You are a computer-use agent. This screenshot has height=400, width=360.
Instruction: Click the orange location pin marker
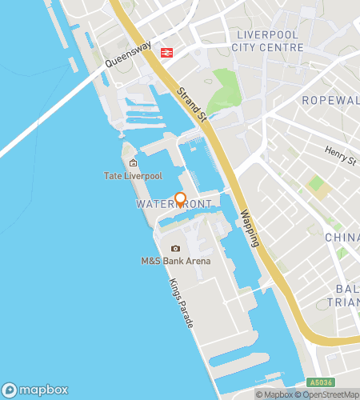click(181, 200)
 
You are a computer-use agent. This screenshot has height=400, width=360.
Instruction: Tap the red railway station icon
click(167, 53)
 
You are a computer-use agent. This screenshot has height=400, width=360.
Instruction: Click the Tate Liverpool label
click(133, 175)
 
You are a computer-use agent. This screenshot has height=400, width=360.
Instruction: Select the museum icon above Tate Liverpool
click(133, 163)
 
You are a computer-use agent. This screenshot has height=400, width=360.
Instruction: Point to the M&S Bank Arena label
click(176, 261)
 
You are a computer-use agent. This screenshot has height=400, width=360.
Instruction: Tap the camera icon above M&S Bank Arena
click(176, 249)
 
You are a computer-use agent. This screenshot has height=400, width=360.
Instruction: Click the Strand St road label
click(192, 105)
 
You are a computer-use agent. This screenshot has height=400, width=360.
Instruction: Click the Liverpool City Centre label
click(267, 40)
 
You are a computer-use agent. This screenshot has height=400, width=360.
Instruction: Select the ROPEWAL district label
click(330, 100)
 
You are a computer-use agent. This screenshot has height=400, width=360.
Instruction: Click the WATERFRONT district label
click(174, 205)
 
